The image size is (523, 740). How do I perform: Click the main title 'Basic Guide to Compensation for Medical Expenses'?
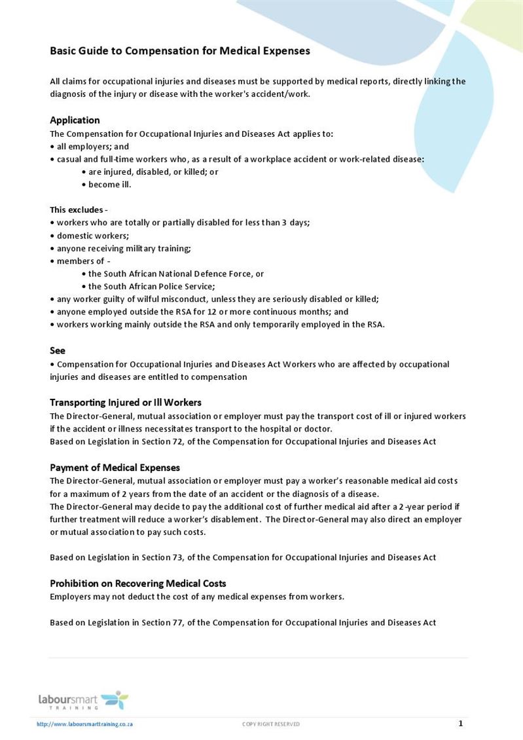click(x=180, y=50)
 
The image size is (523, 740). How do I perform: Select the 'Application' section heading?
click(x=75, y=120)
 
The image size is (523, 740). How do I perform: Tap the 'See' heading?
click(x=58, y=350)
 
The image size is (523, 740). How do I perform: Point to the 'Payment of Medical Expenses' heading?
click(x=115, y=468)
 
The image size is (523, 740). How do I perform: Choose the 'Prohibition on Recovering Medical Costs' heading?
click(x=138, y=583)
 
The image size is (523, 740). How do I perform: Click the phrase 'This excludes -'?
click(x=79, y=210)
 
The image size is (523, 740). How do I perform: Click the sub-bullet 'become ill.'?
click(x=109, y=185)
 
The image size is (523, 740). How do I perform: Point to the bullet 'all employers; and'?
click(x=92, y=147)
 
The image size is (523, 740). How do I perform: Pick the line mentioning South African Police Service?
click(x=151, y=286)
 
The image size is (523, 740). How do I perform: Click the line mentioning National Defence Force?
click(x=175, y=274)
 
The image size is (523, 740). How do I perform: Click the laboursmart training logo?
click(x=83, y=700)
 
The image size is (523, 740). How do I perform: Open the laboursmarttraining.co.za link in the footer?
click(x=85, y=724)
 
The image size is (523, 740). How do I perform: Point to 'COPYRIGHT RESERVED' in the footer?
click(x=271, y=724)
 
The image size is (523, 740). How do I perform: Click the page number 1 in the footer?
click(x=461, y=724)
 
